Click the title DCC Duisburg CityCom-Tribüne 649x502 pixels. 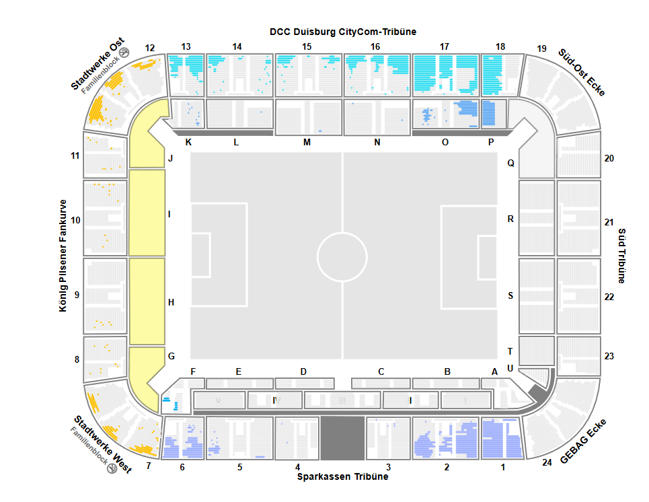click(342, 32)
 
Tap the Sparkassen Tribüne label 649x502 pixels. click(342, 476)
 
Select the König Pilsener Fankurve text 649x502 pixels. click(63, 255)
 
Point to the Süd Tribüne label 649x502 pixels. click(621, 255)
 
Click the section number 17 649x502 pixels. click(444, 46)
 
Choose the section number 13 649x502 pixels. click(186, 46)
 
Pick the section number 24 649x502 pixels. click(547, 462)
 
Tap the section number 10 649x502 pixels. click(75, 220)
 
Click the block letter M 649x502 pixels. click(307, 142)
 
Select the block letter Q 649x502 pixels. click(510, 163)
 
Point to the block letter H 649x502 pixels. click(171, 302)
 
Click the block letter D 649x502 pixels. click(303, 371)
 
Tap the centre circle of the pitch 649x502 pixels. click(342, 256)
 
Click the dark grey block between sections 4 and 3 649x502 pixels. click(342, 437)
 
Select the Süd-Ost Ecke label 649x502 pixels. click(581, 72)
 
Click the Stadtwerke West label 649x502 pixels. click(102, 444)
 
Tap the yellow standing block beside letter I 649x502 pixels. click(147, 213)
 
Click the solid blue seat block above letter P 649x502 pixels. click(494, 113)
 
